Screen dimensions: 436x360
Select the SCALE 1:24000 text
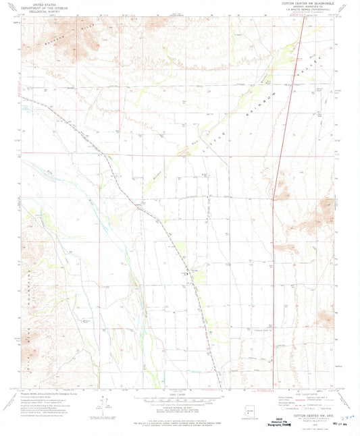(180, 396)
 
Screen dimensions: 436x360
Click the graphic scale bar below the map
(180, 402)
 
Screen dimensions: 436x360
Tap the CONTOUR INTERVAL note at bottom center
(180, 409)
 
